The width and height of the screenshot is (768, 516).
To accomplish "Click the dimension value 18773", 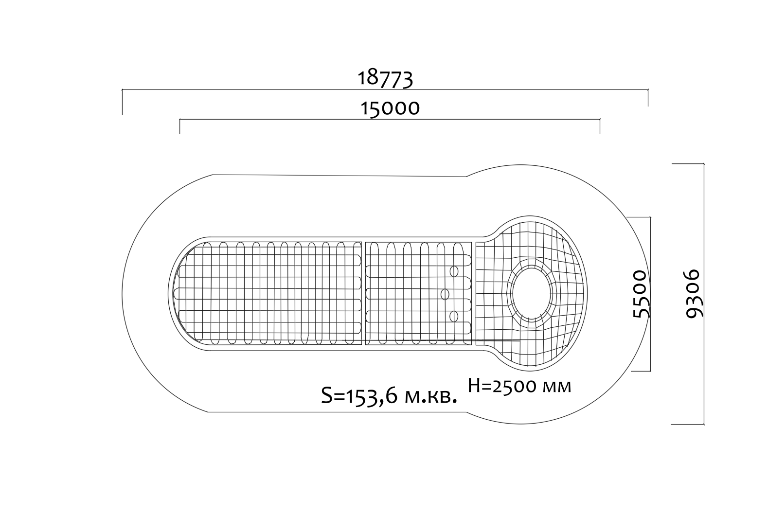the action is [385, 79].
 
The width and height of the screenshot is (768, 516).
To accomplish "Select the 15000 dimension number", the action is [390, 108].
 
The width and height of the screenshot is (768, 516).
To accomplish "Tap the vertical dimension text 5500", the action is [640, 294].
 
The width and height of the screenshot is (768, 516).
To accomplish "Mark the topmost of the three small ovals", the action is [454, 271].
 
